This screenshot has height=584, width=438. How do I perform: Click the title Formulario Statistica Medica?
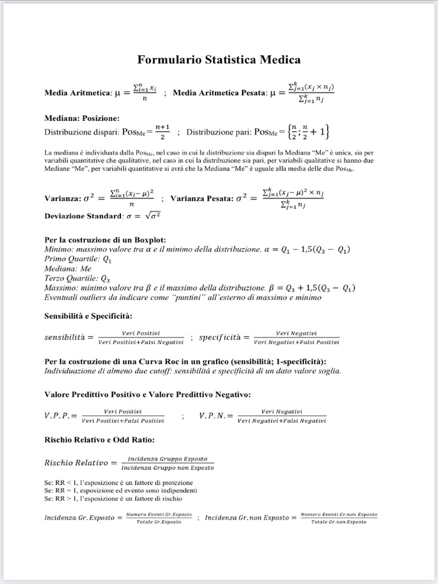[x=219, y=59]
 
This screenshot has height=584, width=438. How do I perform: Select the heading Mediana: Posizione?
[x=82, y=119]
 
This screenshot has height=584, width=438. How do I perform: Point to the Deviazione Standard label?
[x=83, y=216]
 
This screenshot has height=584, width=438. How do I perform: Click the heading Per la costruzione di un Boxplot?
[x=105, y=240]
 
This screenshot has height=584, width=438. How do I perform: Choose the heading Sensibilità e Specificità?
[x=88, y=316]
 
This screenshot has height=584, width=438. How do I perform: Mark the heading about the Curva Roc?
[x=185, y=362]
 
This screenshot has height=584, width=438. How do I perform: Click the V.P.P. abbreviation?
[x=60, y=416]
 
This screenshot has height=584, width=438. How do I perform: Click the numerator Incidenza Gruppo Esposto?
[x=167, y=459]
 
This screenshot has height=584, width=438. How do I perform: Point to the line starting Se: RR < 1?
[x=114, y=482]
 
